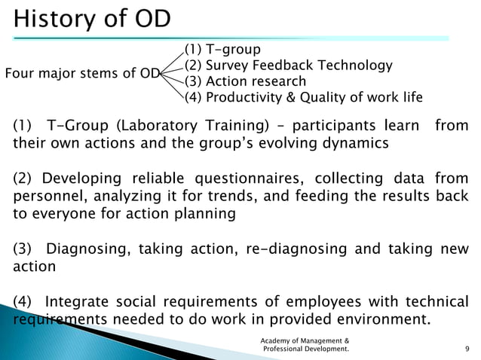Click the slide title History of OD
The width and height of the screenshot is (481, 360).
[x=92, y=17]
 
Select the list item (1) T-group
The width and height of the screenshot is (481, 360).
[x=224, y=50]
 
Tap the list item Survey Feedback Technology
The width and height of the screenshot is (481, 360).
[x=289, y=66]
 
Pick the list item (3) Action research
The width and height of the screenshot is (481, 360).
[x=246, y=81]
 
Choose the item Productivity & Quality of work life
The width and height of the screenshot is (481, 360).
[x=315, y=97]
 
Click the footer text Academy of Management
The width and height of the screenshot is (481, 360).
[x=304, y=340]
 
